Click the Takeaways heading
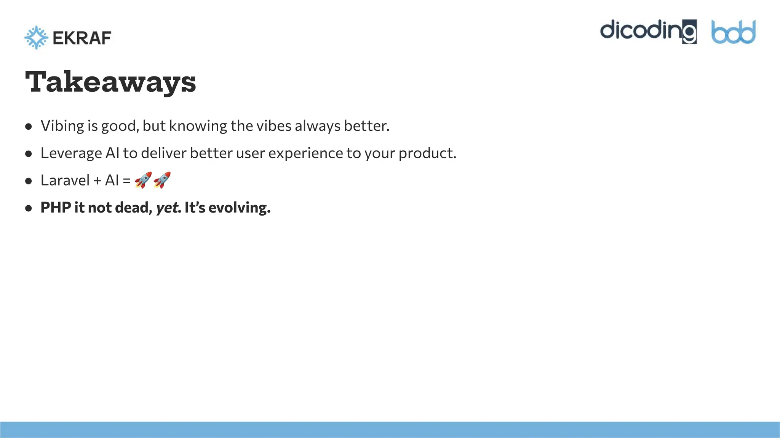click(110, 82)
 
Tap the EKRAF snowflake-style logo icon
click(36, 38)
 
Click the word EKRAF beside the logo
click(82, 38)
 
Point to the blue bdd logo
click(734, 32)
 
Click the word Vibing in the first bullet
click(62, 126)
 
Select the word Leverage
click(71, 153)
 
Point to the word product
click(427, 153)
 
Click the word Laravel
click(65, 180)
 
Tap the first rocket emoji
click(143, 180)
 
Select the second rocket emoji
click(162, 180)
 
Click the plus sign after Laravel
click(97, 181)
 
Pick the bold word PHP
click(56, 208)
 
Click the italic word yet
click(168, 208)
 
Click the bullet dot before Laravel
click(29, 181)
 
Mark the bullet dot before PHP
click(29, 208)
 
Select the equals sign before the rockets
click(126, 181)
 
